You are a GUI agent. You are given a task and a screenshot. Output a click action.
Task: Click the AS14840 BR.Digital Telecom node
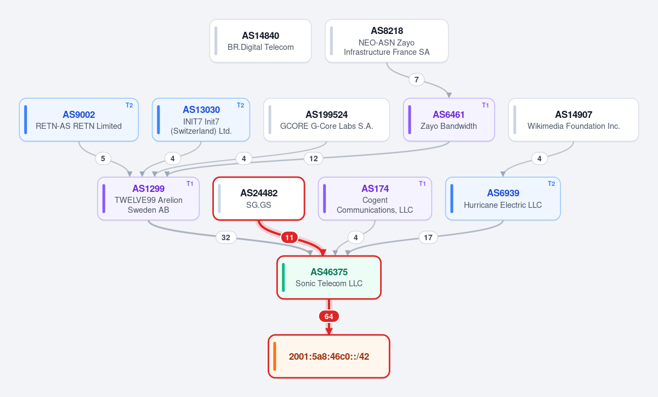260,41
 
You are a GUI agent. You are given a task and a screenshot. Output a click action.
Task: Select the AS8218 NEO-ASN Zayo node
387,41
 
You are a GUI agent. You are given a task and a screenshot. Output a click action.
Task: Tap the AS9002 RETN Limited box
79,120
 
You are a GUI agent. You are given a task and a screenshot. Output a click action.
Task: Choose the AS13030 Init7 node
201,120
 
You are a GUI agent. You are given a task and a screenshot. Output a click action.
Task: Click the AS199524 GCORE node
326,120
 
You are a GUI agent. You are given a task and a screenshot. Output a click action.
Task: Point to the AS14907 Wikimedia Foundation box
574,120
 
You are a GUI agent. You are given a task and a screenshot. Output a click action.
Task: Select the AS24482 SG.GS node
258,198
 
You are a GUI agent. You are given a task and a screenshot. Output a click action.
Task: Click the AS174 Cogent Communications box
375,198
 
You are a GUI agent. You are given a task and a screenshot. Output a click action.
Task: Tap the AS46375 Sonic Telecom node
329,277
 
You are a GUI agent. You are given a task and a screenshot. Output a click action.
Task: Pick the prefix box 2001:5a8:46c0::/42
329,356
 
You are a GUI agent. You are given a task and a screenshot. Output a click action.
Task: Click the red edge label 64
328,316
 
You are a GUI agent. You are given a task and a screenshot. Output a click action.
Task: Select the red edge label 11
290,237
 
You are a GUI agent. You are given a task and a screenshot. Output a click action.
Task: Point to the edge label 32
225,237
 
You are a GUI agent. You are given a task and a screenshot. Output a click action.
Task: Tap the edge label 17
428,237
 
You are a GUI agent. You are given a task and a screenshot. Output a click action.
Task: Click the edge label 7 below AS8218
416,80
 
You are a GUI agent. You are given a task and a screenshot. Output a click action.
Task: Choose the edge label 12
314,158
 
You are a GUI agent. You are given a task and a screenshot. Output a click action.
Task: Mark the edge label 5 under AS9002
103,158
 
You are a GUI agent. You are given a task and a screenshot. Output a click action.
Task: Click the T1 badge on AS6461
485,105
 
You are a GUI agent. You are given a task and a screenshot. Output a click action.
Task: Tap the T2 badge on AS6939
551,184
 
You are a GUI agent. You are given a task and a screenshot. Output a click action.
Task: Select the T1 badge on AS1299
190,184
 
